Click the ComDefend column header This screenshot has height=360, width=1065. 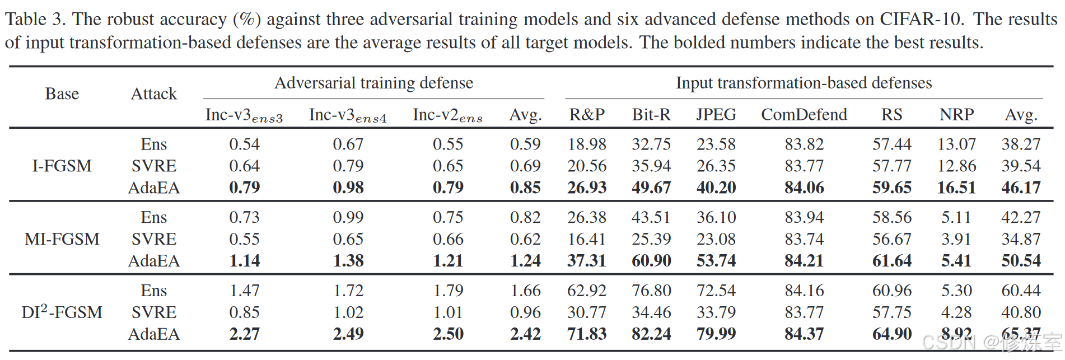point(804,115)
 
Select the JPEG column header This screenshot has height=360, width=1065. point(716,115)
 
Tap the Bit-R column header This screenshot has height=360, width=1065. point(651,115)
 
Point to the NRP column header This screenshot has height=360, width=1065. point(956,115)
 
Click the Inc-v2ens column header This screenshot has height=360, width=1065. point(447,115)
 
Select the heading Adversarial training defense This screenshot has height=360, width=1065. point(373,83)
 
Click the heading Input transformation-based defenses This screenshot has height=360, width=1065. point(804,83)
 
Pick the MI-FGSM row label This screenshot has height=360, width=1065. point(62,239)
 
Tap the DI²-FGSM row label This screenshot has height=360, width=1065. point(62,312)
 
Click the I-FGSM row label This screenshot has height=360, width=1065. point(62,166)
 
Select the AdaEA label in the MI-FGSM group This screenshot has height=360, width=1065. point(154,261)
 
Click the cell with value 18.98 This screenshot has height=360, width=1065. point(587,144)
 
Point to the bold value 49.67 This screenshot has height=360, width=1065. point(651,188)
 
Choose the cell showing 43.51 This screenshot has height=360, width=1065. point(651,217)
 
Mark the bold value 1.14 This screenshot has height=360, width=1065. point(245,261)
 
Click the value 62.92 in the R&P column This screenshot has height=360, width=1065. point(587,291)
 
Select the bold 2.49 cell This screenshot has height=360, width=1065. point(348,334)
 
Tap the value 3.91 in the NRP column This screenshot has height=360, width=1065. point(956,239)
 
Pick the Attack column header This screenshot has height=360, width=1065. point(154,93)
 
